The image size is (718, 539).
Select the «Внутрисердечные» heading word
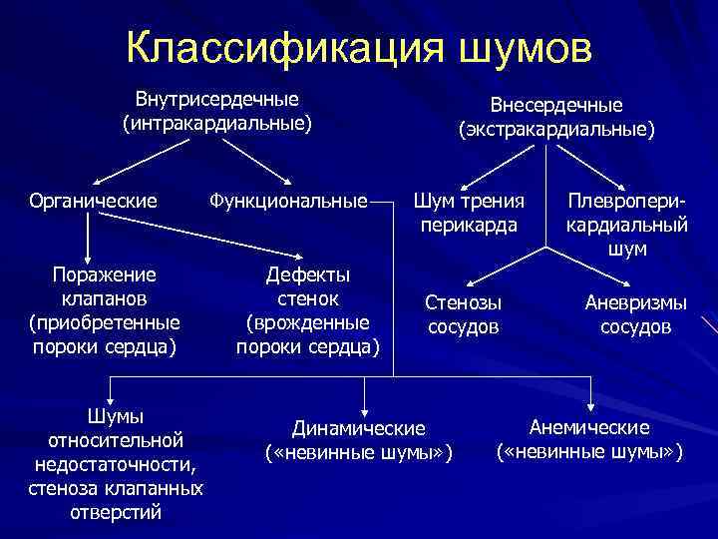tap(217, 100)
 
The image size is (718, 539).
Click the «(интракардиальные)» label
tap(217, 124)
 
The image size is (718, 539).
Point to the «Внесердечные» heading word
tap(556, 105)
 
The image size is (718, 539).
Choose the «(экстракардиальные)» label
tap(556, 129)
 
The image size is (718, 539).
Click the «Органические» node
tap(92, 201)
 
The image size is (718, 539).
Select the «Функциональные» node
tap(287, 201)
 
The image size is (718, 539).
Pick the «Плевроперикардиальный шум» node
tap(626, 224)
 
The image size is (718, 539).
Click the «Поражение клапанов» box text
tap(106, 285)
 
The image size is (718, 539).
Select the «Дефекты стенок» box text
tap(307, 285)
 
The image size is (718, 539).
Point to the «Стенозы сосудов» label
tap(464, 313)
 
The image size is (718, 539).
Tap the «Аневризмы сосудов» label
tap(635, 313)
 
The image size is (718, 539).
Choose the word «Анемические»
tap(589, 427)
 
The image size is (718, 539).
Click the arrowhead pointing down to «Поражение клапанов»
tap(91, 254)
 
